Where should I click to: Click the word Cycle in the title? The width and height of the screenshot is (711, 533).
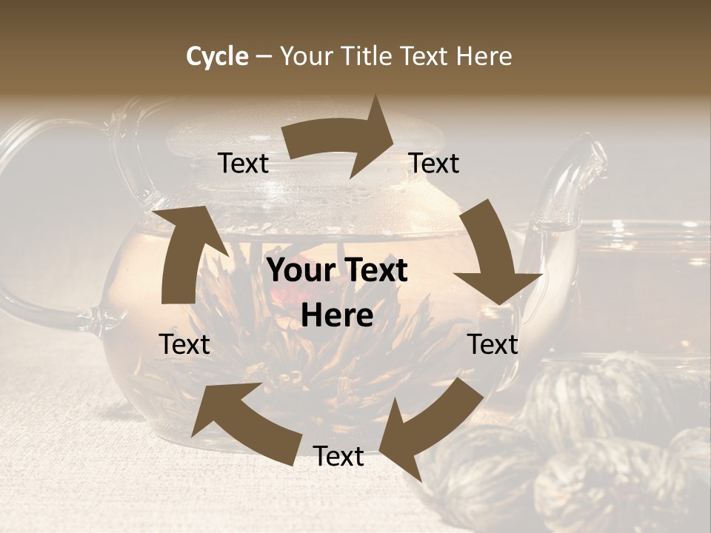pyautogui.click(x=217, y=56)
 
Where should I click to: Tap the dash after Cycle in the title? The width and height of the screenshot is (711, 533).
pyautogui.click(x=264, y=56)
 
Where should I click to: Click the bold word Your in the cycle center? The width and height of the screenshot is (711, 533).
pyautogui.click(x=301, y=271)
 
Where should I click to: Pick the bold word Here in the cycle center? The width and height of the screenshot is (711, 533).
pyautogui.click(x=337, y=315)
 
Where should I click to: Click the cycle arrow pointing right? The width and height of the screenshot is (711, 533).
pyautogui.click(x=341, y=141)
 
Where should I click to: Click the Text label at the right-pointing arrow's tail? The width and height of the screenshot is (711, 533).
pyautogui.click(x=243, y=164)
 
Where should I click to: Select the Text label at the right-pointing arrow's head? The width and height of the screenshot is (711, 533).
pyautogui.click(x=434, y=164)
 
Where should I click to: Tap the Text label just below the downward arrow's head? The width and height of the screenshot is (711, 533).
pyautogui.click(x=493, y=344)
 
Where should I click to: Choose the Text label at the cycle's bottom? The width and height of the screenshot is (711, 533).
pyautogui.click(x=338, y=456)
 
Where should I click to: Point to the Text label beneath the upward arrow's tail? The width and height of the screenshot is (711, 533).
pyautogui.click(x=184, y=344)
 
